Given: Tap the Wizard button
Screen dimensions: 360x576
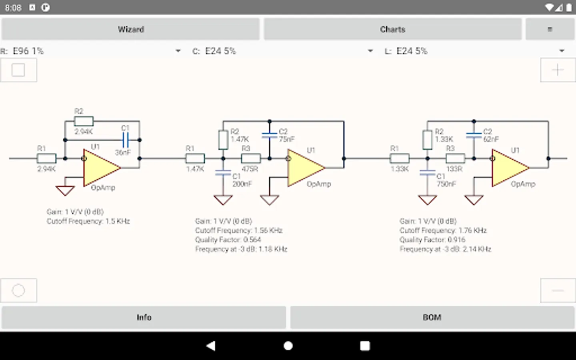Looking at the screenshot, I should click(x=130, y=29).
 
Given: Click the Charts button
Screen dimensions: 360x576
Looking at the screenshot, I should click(x=392, y=29).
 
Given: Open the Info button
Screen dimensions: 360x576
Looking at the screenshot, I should click(x=144, y=317).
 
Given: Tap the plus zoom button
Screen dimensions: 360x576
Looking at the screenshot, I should click(x=558, y=70).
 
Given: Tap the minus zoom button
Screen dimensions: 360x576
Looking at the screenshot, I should click(x=558, y=290).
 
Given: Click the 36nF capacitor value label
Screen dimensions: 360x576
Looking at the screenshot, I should click(x=123, y=152).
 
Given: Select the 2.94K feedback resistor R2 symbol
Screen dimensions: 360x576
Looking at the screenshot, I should click(x=84, y=121).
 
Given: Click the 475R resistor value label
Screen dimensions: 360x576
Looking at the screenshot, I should click(x=250, y=169).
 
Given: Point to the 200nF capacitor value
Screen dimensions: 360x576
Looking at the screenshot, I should click(x=242, y=184).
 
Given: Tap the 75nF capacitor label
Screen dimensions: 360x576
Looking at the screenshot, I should click(x=287, y=139).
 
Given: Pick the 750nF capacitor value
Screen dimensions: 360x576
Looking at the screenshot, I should click(x=446, y=184).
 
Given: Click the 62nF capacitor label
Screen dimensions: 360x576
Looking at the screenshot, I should click(x=491, y=139).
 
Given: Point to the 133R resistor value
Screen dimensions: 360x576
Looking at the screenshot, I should click(x=454, y=169).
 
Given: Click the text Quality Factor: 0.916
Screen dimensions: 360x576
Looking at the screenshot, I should click(x=432, y=240).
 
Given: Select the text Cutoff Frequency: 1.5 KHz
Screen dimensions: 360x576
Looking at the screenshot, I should click(x=88, y=221).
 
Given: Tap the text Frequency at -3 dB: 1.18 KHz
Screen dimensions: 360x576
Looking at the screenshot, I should click(x=241, y=249).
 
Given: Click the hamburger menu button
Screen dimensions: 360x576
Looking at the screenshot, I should click(x=550, y=29).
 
